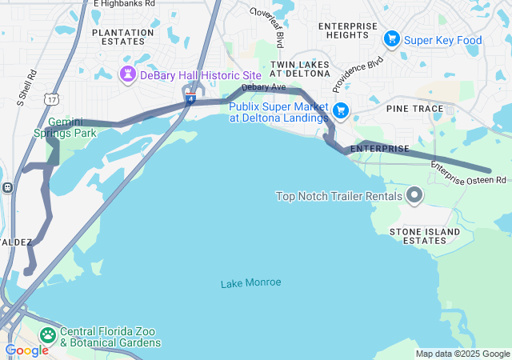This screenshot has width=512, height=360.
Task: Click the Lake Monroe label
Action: tap(250, 282)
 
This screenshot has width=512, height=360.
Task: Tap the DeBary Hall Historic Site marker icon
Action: tap(127, 74)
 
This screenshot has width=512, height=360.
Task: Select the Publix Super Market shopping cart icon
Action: tap(341, 111)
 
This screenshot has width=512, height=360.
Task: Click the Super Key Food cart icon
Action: tap(391, 38)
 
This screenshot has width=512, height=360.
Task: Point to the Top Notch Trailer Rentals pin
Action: tap(414, 195)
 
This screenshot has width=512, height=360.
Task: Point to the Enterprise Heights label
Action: tap(347, 31)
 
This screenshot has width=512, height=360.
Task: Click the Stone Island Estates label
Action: tap(425, 236)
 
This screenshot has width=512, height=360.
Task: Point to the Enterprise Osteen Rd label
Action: tap(469, 172)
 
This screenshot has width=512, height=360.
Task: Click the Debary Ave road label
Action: tap(263, 86)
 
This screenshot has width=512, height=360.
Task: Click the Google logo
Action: tap(26, 350)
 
